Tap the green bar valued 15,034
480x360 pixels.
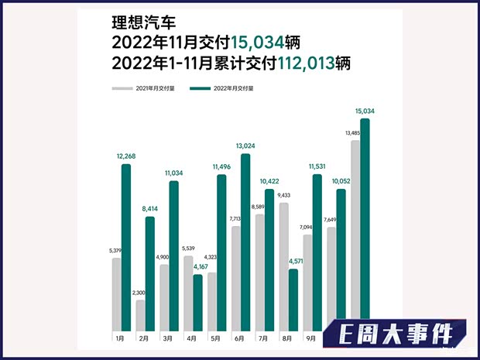pos(365,225)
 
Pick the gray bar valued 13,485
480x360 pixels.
pos(355,232)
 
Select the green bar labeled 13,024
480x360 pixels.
pos(245,241)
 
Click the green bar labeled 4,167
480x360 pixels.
pos(197,301)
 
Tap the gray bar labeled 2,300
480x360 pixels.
pos(140,314)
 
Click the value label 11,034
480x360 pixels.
pos(174,173)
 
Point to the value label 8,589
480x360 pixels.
pos(259,207)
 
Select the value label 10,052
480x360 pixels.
pos(341,181)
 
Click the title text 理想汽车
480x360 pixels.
pos(139,23)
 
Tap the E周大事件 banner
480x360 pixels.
pos(396,335)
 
